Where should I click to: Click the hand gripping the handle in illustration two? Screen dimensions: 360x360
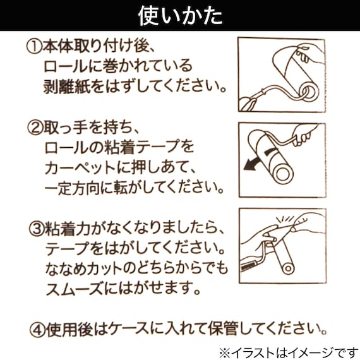(x=309, y=135)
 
